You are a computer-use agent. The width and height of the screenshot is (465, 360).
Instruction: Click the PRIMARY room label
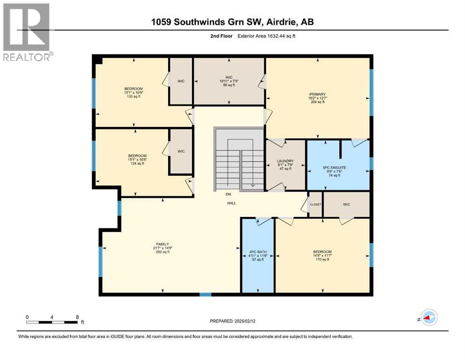(317, 94)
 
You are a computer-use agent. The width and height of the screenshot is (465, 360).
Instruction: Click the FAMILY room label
(162, 244)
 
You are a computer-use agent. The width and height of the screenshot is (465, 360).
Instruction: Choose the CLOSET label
(315, 204)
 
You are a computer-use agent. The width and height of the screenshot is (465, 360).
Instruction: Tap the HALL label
(231, 203)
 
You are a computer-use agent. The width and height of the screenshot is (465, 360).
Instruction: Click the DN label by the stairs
(229, 194)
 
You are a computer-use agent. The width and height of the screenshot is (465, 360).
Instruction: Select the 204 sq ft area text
(317, 102)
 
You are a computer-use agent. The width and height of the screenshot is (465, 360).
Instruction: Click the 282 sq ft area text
(162, 252)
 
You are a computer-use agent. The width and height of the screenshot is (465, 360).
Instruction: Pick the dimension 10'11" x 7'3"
(229, 81)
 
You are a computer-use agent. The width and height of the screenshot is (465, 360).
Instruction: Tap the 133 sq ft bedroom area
(133, 96)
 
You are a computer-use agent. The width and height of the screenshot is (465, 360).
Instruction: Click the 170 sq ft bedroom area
(322, 259)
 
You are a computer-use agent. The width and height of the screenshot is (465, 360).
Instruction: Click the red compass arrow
(428, 318)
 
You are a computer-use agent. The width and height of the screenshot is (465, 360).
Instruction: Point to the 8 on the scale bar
(77, 316)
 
